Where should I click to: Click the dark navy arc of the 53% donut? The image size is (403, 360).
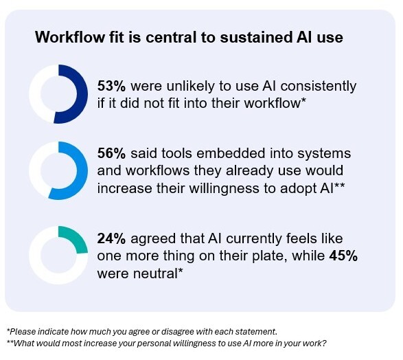click(82, 94)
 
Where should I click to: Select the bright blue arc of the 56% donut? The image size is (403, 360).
click(82, 171)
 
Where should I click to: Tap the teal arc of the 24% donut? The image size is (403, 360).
click(77, 238)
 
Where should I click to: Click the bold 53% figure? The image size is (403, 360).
click(111, 86)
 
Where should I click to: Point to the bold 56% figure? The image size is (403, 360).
click(111, 153)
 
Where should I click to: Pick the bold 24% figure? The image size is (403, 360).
click(111, 238)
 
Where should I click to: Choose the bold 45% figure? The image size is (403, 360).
click(343, 256)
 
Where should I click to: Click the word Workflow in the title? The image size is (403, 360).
click(70, 37)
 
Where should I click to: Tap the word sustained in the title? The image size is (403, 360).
click(256, 37)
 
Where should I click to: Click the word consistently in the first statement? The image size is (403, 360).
click(319, 87)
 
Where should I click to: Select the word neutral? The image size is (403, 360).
click(155, 273)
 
